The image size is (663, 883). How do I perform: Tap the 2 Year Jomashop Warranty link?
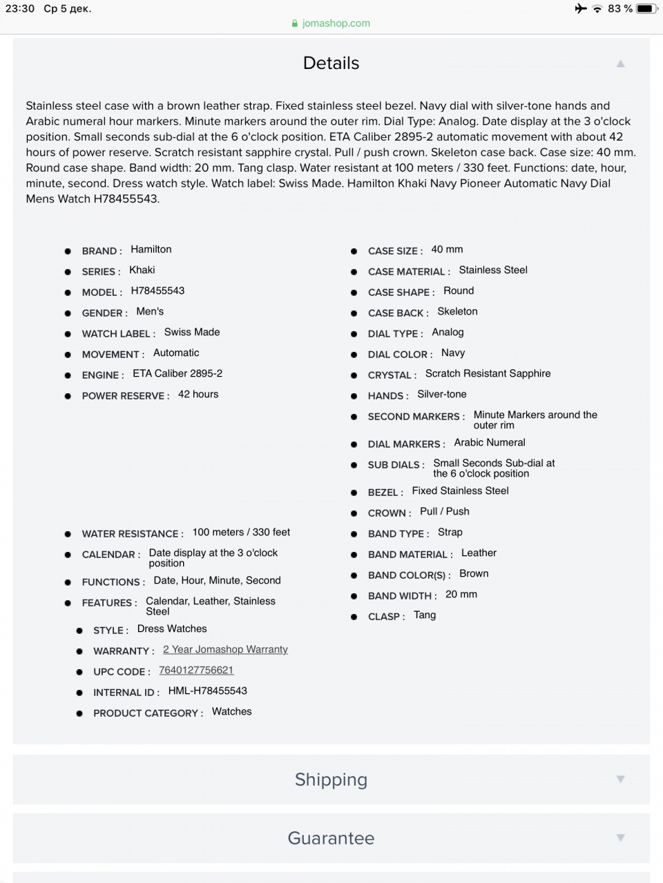tap(225, 649)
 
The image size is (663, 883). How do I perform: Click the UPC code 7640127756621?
tap(196, 670)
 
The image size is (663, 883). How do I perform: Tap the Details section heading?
tap(331, 63)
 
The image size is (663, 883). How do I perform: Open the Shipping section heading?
tap(331, 780)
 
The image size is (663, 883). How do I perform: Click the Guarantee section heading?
tap(331, 838)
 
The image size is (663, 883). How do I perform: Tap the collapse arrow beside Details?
tap(620, 63)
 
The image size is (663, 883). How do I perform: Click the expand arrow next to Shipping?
tap(620, 780)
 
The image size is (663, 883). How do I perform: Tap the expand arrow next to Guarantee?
tap(620, 838)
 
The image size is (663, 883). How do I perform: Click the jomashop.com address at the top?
tap(336, 23)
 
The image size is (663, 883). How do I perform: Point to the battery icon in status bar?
tap(646, 8)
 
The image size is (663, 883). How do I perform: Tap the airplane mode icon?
tap(580, 8)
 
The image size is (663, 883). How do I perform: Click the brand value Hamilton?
tap(151, 249)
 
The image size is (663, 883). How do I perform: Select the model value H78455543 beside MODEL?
tap(157, 290)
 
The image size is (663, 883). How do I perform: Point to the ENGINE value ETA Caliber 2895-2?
tap(177, 373)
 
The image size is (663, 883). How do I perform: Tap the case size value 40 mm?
tap(447, 249)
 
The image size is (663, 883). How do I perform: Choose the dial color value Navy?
tap(452, 353)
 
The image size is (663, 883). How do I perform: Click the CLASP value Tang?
tap(424, 615)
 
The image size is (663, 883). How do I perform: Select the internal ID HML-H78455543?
tap(207, 691)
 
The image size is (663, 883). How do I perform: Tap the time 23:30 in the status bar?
tap(19, 8)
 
